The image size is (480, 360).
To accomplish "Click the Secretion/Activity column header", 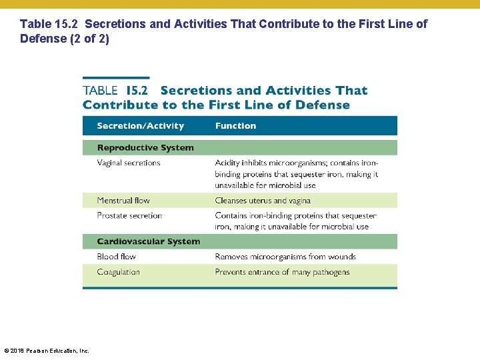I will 140,126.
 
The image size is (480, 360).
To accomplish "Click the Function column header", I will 235,126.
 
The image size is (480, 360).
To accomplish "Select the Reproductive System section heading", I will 145,148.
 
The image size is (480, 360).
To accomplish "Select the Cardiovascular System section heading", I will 148,241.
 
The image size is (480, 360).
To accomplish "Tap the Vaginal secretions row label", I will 129,163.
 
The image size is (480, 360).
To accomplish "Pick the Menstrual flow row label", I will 123,201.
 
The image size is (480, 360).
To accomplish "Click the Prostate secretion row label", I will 129,216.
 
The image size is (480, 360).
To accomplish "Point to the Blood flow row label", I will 116,257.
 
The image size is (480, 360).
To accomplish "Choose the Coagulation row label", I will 118,272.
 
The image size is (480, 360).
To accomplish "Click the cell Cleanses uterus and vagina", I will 263,201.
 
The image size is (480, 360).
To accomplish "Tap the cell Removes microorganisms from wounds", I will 285,257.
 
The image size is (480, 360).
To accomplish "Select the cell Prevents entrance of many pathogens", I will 282,272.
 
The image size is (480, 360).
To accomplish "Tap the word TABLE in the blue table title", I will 100,91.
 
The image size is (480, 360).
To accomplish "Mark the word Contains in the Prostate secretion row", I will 231,216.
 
